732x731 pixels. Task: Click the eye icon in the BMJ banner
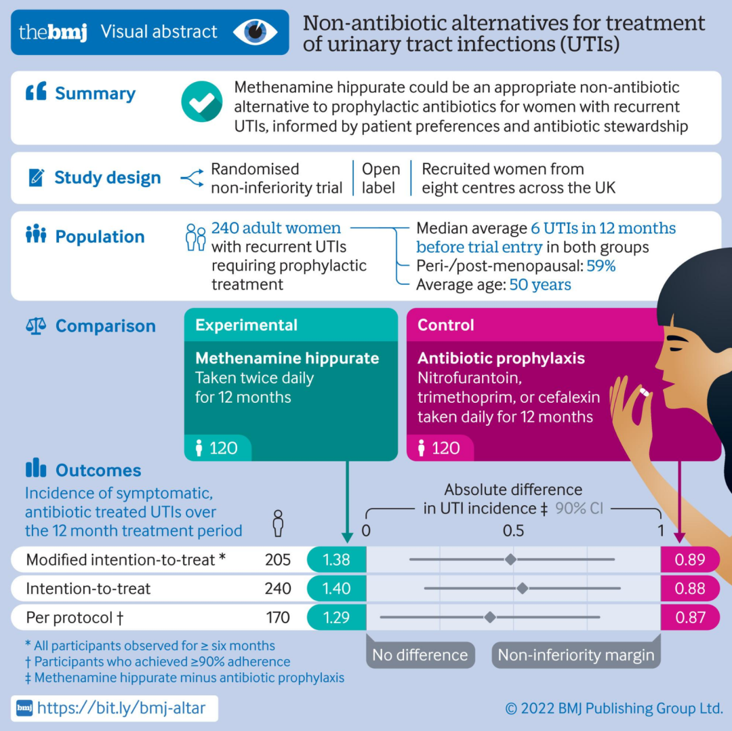(255, 32)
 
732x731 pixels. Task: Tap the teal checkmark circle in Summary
(202, 102)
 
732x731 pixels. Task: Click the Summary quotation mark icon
(35, 92)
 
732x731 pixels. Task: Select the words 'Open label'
(381, 178)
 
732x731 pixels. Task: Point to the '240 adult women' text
(276, 229)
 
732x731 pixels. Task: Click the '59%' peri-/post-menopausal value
(601, 266)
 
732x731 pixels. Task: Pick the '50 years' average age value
(540, 285)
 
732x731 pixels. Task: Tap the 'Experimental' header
(246, 325)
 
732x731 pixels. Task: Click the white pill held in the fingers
(645, 392)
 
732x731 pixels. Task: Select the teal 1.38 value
(336, 560)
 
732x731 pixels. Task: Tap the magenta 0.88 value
(690, 589)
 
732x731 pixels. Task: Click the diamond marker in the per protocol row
(490, 617)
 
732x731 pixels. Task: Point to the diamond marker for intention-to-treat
(522, 589)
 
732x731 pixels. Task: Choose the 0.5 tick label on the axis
(513, 530)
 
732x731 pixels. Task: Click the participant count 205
(277, 560)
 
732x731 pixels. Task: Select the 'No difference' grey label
(420, 655)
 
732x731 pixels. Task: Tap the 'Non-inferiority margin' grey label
(576, 655)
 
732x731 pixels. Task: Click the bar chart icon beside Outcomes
(35, 469)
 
